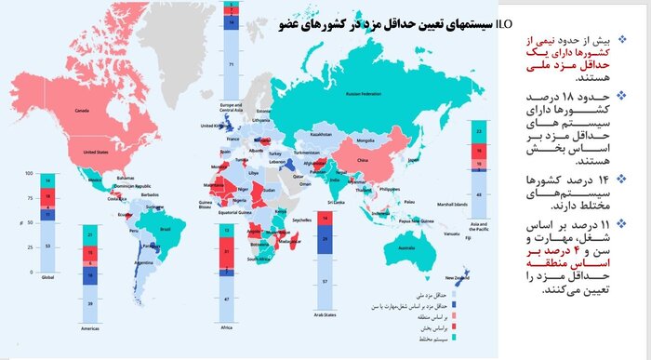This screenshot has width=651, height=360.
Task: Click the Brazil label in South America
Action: [167, 228]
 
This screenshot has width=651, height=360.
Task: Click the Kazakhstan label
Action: [321, 134]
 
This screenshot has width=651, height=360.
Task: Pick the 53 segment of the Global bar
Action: [49, 247]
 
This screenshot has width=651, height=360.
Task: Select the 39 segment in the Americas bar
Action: [88, 303]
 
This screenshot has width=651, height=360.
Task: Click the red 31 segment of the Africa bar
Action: [227, 253]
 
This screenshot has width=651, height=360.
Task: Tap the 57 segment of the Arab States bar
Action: [324, 280]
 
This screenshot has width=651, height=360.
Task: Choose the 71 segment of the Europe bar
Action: [231, 65]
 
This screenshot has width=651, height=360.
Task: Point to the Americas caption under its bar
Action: [89, 329]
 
